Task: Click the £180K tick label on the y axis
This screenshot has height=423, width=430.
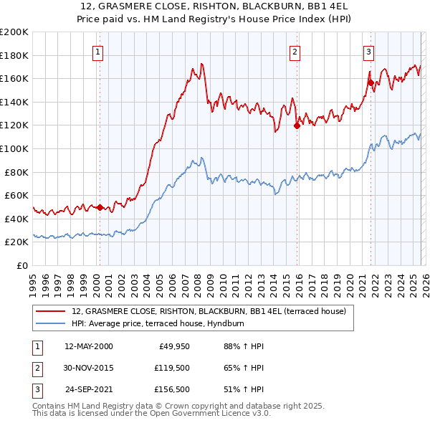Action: (x=14, y=55)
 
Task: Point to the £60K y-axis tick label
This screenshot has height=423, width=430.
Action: (x=16, y=195)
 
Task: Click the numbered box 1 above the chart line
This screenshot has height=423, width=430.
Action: (x=97, y=51)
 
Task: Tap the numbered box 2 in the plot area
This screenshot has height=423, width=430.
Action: (x=295, y=51)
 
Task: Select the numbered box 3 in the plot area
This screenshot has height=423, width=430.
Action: (x=368, y=51)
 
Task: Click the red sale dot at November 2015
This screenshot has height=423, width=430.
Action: (x=297, y=126)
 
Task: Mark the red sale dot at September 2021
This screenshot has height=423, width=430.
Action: (x=371, y=82)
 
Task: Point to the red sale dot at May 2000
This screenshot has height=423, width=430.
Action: (x=100, y=207)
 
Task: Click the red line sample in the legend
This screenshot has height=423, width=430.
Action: (x=52, y=311)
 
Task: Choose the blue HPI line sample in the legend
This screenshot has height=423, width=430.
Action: (x=52, y=324)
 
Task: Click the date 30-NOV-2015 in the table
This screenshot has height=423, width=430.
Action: (x=89, y=368)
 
